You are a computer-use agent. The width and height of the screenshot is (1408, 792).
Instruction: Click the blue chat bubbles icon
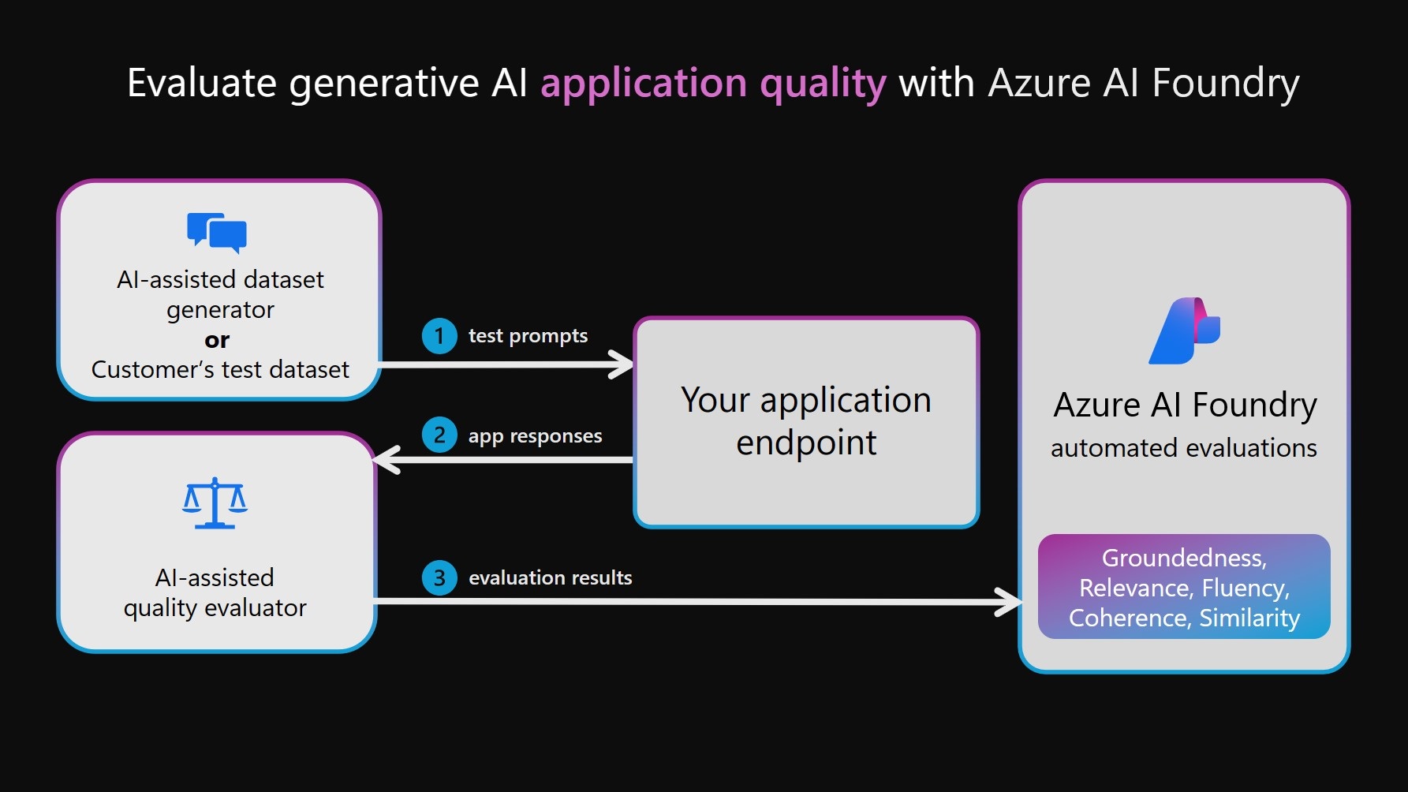(x=217, y=232)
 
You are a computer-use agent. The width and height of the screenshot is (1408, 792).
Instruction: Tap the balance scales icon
(x=215, y=503)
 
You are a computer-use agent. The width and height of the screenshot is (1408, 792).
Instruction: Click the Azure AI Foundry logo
(x=1184, y=331)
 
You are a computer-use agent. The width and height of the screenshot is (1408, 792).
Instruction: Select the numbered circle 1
(x=439, y=336)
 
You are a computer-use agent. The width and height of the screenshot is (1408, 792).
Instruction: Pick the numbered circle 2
(x=439, y=435)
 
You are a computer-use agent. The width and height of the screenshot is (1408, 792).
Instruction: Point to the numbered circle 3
(x=439, y=577)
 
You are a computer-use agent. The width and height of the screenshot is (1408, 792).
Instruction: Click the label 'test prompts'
(x=528, y=336)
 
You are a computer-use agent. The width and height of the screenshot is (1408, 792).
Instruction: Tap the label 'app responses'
(x=535, y=435)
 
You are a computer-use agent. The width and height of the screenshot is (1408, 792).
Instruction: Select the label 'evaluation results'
(x=550, y=577)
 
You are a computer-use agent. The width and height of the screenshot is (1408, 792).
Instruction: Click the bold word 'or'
(x=217, y=340)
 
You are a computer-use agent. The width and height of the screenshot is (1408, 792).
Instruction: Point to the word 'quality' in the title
(x=823, y=84)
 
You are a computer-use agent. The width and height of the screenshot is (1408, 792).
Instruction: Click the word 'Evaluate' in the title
(x=202, y=83)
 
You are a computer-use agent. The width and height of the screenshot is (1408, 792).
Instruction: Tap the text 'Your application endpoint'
(x=806, y=421)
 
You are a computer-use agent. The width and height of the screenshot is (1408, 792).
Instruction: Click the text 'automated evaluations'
(x=1183, y=448)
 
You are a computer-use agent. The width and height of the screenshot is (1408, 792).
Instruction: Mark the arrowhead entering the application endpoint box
(x=623, y=364)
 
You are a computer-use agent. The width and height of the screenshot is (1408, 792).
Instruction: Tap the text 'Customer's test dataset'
(x=220, y=369)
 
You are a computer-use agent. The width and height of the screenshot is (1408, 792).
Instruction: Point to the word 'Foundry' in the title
(x=1225, y=84)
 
